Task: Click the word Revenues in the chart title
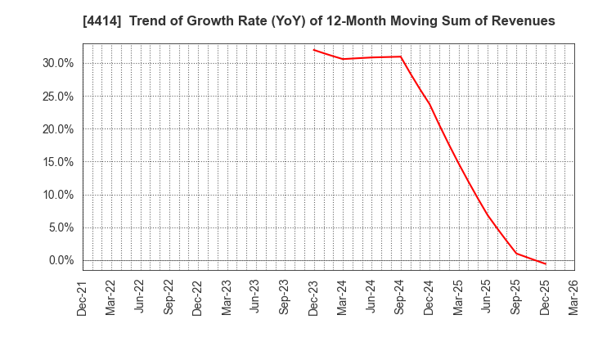[x=517, y=21]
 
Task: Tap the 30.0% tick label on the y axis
[x=56, y=63]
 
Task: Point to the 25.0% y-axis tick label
[x=56, y=97]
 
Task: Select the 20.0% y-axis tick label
[x=56, y=129]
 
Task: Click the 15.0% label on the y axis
[x=56, y=162]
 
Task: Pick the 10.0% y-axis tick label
[x=56, y=195]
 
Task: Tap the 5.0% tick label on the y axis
[x=59, y=227]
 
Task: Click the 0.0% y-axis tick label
[x=59, y=260]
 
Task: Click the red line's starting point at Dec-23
[x=314, y=50]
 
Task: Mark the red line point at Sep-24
[x=401, y=56]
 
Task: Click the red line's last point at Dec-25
[x=545, y=263]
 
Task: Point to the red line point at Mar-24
[x=343, y=59]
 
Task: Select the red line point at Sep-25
[x=516, y=254]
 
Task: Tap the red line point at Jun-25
[x=488, y=215]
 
